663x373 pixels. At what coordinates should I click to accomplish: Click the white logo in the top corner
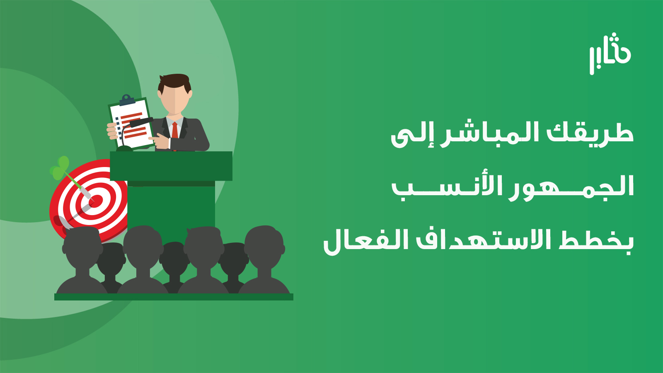pyautogui.click(x=610, y=54)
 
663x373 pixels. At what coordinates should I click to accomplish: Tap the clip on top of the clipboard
pyautogui.click(x=127, y=100)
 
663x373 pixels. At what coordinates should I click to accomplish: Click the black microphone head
pyautogui.click(x=141, y=122)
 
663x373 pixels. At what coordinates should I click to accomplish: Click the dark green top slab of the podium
pyautogui.click(x=171, y=166)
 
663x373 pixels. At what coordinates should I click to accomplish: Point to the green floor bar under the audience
pyautogui.click(x=174, y=297)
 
